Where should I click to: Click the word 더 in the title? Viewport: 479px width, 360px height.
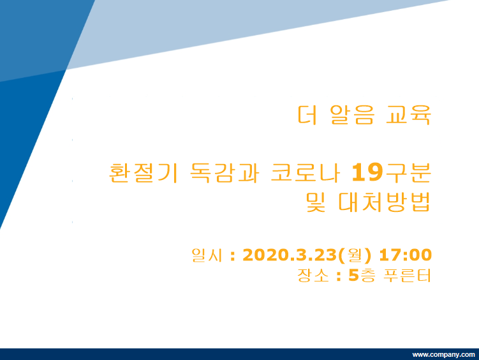coord(307,115)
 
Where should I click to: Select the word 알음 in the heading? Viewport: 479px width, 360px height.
coord(352,115)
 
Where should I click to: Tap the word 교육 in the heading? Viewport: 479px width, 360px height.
coord(408,115)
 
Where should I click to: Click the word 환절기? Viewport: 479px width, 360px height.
coord(144,173)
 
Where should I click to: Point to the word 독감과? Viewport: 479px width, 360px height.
coord(225,173)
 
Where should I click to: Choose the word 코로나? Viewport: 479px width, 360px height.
coord(305,173)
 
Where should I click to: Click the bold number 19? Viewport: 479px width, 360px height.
coord(367,172)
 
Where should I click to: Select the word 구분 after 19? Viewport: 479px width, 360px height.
coord(408,173)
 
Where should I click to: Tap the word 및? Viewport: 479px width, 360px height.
coord(316,202)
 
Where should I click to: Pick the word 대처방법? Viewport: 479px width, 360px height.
coord(385,202)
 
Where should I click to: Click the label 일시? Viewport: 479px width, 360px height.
coord(207,255)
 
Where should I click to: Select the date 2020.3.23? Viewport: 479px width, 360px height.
coord(290,255)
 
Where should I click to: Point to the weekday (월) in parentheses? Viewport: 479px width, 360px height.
coord(355,255)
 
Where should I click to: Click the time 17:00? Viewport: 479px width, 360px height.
coord(406,255)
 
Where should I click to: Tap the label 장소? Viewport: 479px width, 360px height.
coord(313,275)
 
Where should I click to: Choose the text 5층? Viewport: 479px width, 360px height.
coord(362,275)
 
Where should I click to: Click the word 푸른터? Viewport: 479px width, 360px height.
coord(407,275)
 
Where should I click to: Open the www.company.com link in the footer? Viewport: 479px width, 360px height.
coord(443,354)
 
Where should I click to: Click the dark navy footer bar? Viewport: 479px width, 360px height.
coord(240,354)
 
